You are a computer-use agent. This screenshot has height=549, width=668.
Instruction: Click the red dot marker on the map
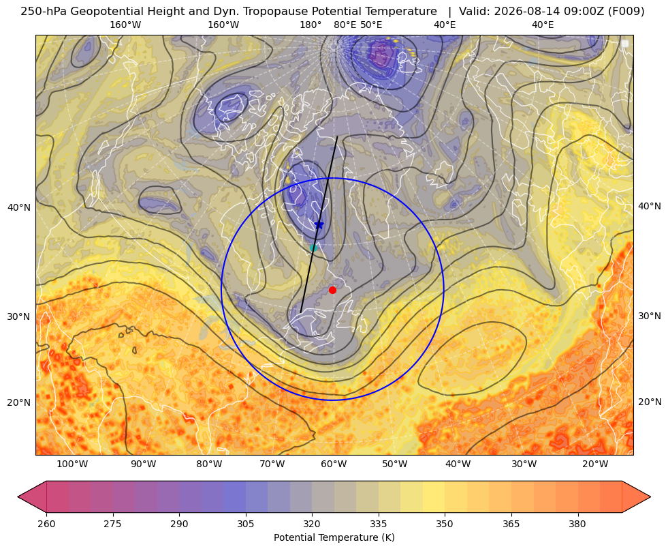click(332, 290)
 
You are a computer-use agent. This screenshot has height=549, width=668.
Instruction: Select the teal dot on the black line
click(313, 248)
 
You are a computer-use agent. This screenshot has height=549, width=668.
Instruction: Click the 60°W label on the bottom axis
click(334, 464)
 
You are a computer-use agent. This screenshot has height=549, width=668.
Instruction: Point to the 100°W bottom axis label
click(72, 464)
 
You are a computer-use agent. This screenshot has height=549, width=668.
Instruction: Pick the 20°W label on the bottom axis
click(595, 464)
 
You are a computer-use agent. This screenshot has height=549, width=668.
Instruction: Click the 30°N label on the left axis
click(19, 316)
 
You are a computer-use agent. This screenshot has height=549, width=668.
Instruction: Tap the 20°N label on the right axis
click(650, 402)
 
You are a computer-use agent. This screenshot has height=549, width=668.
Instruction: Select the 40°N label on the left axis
click(19, 207)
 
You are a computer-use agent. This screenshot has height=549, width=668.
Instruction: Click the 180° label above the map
click(311, 25)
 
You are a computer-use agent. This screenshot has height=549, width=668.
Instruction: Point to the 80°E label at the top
click(345, 25)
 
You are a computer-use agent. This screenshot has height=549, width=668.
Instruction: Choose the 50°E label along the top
click(371, 25)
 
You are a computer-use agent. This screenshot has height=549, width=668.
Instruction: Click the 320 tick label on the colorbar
click(312, 524)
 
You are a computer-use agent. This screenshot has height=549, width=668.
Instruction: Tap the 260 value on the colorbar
click(46, 524)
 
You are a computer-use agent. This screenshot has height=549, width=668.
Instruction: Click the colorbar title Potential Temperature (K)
click(334, 537)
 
